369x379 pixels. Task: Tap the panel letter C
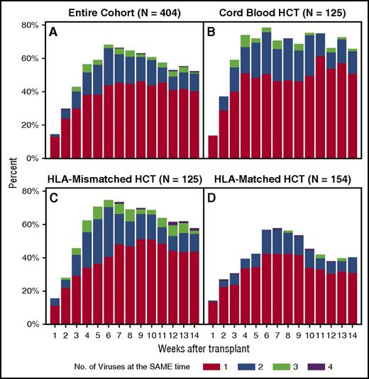coord(53,198)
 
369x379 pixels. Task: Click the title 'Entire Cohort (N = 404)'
coord(119,12)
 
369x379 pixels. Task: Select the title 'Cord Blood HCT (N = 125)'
coord(281,12)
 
